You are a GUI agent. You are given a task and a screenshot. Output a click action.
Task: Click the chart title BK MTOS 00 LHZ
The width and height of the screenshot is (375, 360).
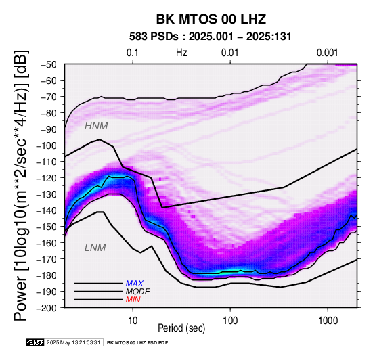coord(211,19)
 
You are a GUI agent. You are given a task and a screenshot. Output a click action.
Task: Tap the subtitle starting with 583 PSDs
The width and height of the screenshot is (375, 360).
coord(211,37)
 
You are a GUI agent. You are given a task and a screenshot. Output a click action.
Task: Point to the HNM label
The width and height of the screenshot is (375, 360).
coord(96,126)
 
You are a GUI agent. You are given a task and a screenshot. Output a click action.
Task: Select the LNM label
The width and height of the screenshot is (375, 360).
coord(95,248)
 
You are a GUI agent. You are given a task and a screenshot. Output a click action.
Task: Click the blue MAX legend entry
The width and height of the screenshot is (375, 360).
coord(135,284)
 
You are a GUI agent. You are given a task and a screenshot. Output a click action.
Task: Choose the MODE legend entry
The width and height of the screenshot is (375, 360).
coord(138,292)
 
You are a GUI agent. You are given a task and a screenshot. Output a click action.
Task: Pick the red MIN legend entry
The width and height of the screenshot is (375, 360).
coord(133,300)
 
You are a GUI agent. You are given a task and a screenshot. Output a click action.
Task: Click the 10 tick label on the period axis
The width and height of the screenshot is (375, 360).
coord(133,321)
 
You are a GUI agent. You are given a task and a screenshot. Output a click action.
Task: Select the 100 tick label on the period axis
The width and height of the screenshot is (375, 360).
coord(230,321)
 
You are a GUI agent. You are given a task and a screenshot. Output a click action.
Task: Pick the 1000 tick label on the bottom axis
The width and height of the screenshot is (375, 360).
coord(328,321)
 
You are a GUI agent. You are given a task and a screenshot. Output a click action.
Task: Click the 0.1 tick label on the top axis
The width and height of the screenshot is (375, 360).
coord(133,53)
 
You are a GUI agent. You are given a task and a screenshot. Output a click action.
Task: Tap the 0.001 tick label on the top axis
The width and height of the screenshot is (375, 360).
coord(328,53)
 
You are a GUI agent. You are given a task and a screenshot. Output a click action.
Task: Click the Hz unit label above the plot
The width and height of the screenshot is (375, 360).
coord(181,53)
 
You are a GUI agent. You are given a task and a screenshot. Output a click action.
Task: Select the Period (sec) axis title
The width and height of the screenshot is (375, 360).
coord(181,328)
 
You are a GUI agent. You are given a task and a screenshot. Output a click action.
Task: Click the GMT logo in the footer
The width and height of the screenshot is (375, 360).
coord(35,342)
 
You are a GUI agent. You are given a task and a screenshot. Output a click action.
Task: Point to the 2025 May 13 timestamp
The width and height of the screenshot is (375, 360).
coord(73,342)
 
